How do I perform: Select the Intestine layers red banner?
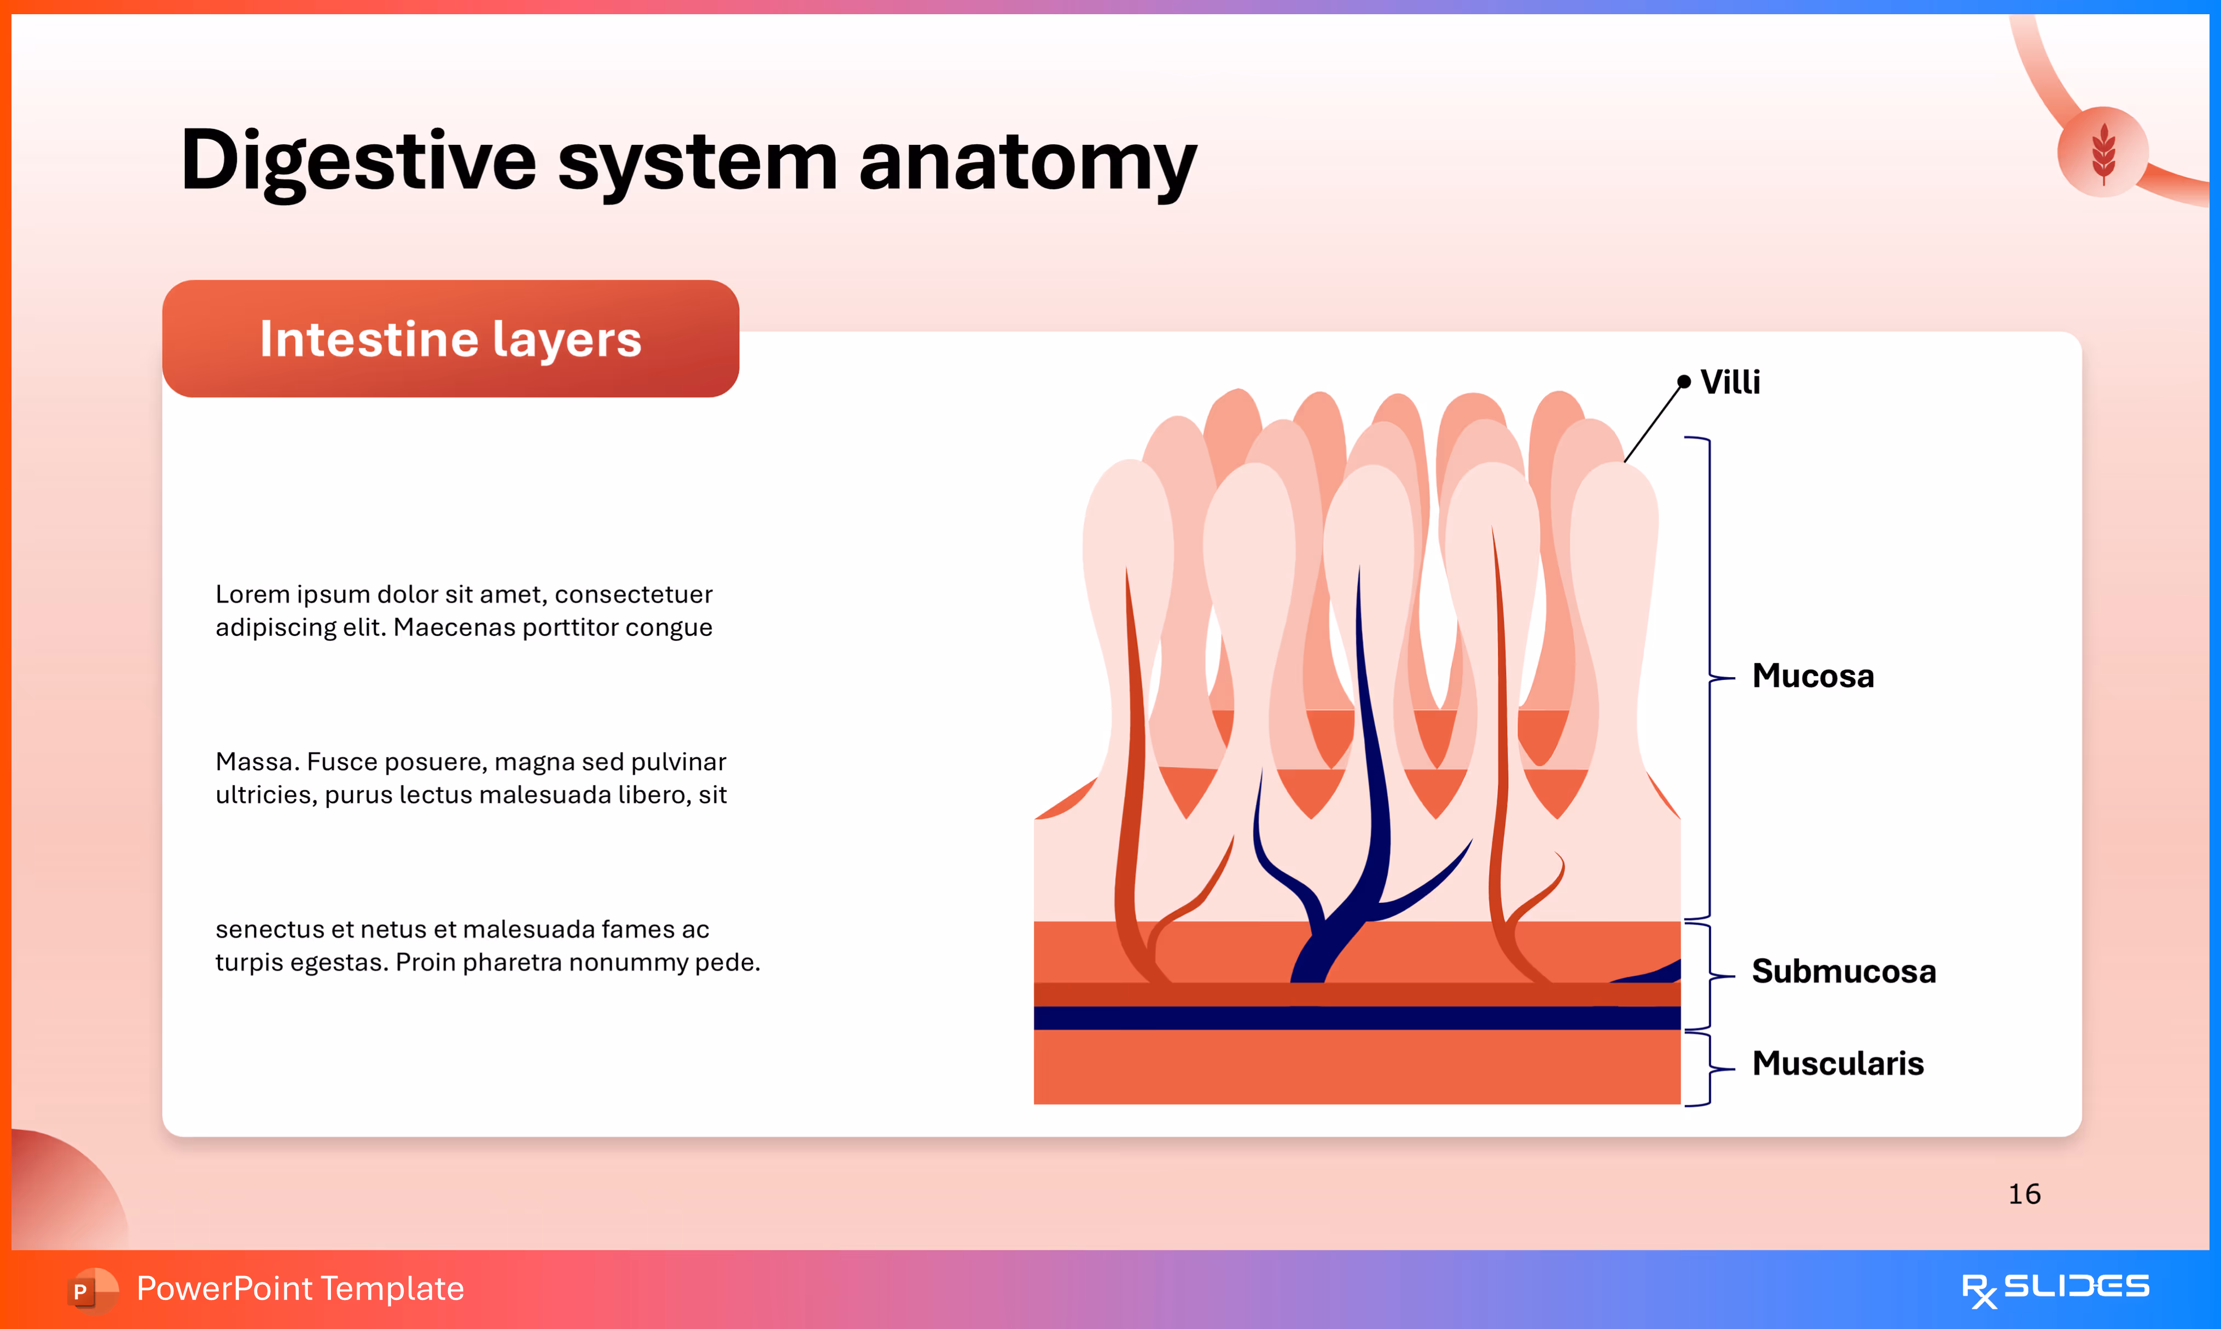click(450, 339)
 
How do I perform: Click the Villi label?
click(1729, 382)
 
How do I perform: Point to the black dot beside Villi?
click(1684, 382)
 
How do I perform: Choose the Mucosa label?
click(1812, 676)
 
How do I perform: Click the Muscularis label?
click(1837, 1064)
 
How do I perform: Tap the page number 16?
click(2024, 1194)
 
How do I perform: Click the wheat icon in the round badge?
click(2103, 152)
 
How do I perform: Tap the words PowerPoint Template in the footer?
click(300, 1289)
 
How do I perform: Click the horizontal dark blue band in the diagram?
click(1356, 1018)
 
